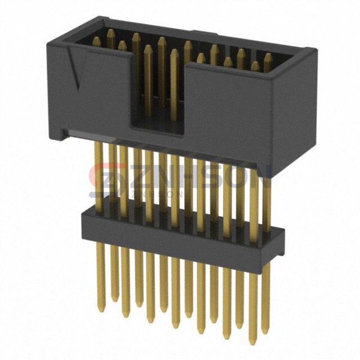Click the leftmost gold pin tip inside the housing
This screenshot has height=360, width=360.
[x=96, y=40]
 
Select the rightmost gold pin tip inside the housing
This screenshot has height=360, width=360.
[x=268, y=57]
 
